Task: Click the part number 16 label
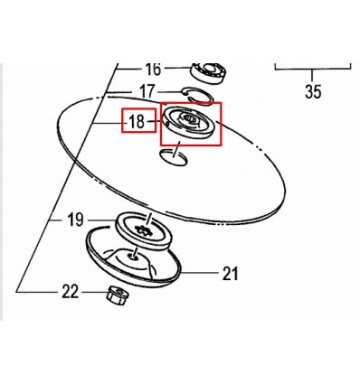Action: tap(153, 70)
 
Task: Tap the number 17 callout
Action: tap(147, 91)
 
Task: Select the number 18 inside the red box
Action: tap(137, 122)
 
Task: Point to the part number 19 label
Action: tap(75, 220)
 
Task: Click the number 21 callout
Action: tap(230, 274)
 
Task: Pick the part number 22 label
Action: tap(71, 292)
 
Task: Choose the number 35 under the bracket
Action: tap(313, 91)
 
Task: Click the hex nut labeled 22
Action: tap(118, 295)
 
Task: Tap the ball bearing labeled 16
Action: tap(209, 71)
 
